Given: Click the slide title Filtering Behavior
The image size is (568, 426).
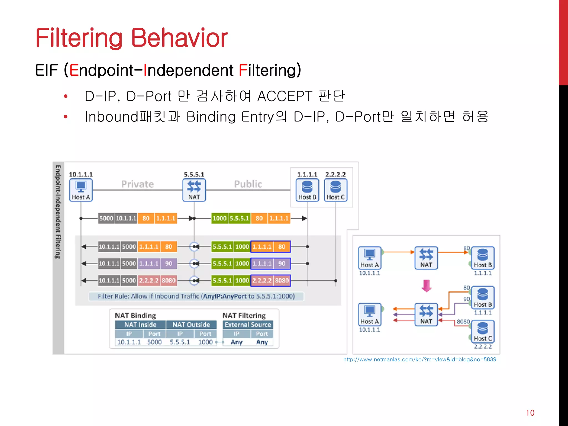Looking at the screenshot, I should point(131,38).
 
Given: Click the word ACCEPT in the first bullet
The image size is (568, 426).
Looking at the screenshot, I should point(285,96).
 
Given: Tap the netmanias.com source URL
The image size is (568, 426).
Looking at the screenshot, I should point(419,359).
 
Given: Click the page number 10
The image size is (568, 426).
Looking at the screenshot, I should point(530,413).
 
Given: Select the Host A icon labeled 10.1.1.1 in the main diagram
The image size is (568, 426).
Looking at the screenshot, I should point(81,190).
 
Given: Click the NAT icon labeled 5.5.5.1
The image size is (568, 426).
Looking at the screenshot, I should point(194,190).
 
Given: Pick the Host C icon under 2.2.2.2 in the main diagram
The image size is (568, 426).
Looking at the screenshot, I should point(335,190).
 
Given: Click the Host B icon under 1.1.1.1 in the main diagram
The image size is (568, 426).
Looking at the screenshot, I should point(307,190).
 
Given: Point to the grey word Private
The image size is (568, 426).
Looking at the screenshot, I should point(137,184).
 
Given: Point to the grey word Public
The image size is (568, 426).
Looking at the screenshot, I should point(248,184).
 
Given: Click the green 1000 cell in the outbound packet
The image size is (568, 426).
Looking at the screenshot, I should point(219,218).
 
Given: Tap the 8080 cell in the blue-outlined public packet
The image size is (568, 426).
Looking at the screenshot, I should point(282,280).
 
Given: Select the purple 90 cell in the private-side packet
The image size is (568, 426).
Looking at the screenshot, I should point(169,263).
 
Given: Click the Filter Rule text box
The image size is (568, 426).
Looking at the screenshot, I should point(196,296).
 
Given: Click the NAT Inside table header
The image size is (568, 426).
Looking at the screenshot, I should point(140,324).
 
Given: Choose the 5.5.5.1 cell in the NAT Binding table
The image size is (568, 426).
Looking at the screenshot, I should point(180,342).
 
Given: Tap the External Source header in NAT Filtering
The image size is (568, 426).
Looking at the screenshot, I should point(248,324).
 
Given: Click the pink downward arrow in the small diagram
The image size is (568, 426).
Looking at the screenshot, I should point(426,286).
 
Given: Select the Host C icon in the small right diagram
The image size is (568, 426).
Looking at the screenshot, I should point(483,331).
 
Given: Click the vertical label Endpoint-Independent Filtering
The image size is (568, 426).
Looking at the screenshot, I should point(58,212).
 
